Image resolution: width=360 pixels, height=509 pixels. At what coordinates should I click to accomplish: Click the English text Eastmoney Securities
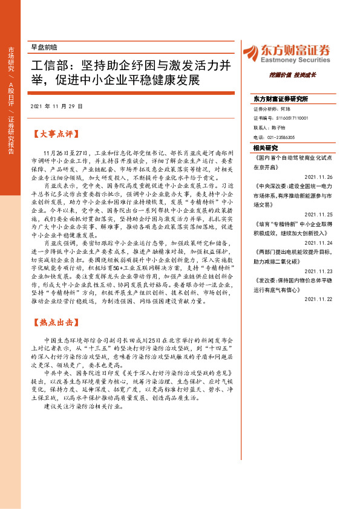click(295, 60)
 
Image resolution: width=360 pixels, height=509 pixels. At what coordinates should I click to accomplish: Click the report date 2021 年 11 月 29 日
click(56, 106)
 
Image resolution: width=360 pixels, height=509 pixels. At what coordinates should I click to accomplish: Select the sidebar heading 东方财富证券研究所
click(281, 99)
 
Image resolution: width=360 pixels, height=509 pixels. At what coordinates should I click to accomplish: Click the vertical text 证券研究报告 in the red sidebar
click(11, 135)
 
